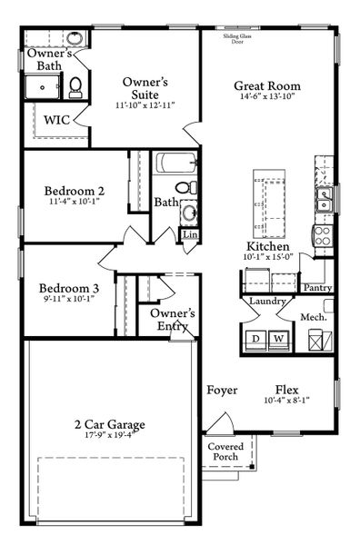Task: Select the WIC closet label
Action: pos(56,118)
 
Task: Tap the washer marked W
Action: pos(279,338)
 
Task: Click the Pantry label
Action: pos(318,288)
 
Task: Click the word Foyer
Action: pos(222,391)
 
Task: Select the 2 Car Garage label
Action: pos(110,424)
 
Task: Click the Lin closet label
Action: pos(190,234)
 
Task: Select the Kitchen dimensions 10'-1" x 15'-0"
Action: pos(268,257)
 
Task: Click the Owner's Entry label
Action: pos(169,320)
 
